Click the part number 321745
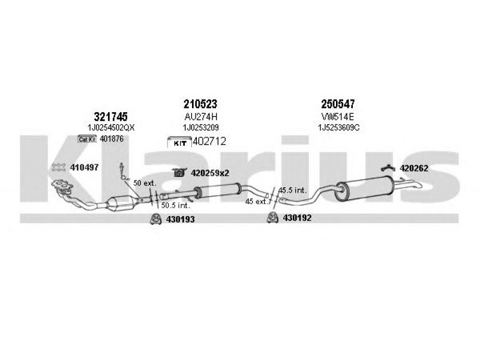(110, 116)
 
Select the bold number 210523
(200, 104)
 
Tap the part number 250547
(338, 104)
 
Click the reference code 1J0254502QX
(111, 128)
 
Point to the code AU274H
(201, 116)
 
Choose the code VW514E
(338, 116)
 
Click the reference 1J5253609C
(338, 128)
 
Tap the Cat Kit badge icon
(87, 139)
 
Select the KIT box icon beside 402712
(179, 142)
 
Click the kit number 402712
(209, 142)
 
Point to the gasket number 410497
(84, 167)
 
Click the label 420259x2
(210, 173)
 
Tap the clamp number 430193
(181, 220)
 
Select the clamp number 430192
(297, 218)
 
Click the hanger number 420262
(414, 169)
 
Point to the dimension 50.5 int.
(175, 205)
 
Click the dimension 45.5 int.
(292, 190)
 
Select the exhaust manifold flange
(62, 184)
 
